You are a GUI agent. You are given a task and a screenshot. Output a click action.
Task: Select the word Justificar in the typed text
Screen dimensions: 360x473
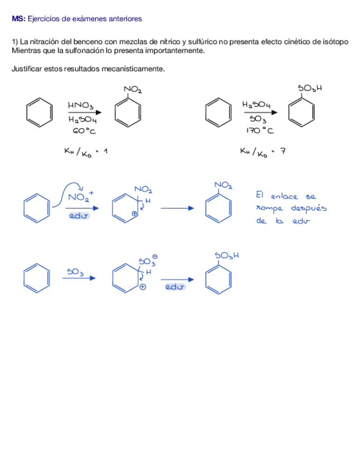pos(26,69)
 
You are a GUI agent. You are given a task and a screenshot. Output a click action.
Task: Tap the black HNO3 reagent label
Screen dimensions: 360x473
pos(81,105)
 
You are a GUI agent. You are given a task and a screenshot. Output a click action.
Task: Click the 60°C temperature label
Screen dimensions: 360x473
pos(84,131)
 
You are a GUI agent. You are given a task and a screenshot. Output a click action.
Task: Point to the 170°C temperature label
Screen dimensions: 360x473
pos(260,131)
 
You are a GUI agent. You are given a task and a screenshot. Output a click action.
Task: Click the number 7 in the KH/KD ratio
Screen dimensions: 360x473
pos(283,151)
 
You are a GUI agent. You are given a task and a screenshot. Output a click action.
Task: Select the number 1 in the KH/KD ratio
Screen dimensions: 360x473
pos(104,151)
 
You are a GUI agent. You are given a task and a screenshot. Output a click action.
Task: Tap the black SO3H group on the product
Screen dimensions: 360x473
pos(310,88)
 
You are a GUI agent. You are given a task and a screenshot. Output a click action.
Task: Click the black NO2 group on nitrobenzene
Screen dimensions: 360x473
pos(133,89)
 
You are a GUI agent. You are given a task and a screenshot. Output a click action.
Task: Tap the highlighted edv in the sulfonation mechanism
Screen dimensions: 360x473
pos(175,287)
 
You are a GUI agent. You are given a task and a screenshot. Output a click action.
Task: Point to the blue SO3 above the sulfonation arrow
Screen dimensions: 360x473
pos(75,272)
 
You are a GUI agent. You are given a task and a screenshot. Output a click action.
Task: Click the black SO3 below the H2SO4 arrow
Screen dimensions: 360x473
pos(258,119)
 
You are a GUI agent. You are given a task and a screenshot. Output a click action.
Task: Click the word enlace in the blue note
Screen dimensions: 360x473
pos(284,196)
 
